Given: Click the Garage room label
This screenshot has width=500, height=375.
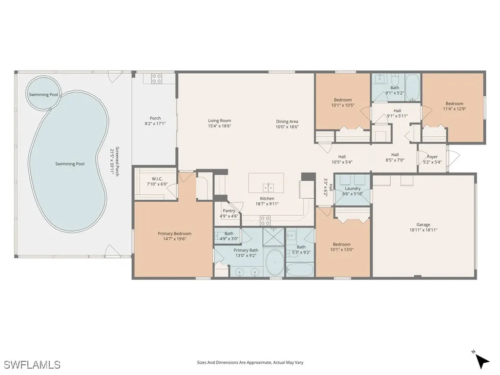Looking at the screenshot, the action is point(423,227).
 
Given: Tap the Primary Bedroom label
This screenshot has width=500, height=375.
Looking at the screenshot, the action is point(174,236).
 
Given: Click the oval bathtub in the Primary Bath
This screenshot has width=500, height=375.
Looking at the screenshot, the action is point(274,262).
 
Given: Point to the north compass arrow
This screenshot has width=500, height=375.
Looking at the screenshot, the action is point(482,361).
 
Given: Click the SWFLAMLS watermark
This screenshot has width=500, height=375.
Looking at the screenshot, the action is point(33,364).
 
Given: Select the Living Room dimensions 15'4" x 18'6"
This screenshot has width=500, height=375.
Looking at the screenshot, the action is point(219,126).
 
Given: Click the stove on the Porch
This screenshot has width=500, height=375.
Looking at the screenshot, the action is point(156,79).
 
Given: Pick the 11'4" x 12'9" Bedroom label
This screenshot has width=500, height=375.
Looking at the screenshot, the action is point(455,106).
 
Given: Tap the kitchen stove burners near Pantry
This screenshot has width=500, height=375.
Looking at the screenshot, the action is point(265,220).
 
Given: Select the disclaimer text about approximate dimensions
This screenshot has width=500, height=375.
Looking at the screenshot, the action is point(250,363).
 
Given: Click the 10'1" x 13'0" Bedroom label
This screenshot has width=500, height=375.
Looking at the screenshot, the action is point(342,247).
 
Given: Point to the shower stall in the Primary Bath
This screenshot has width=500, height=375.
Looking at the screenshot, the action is point(273,237).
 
